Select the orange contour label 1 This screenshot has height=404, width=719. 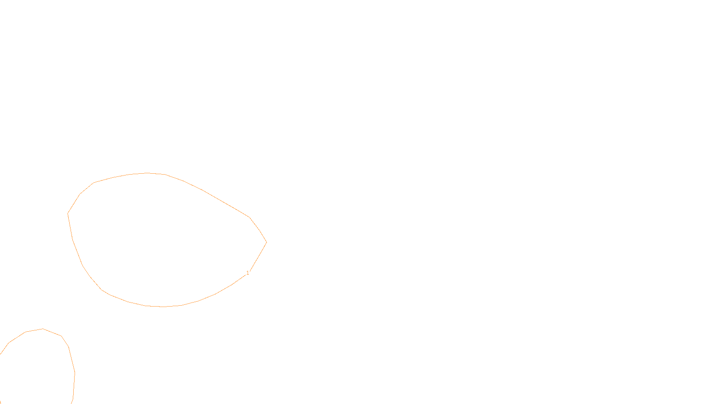click(x=248, y=273)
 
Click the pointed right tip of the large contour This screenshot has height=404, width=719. click(x=266, y=242)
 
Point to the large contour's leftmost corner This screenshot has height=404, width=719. click(x=68, y=213)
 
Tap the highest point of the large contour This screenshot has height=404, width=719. click(x=146, y=173)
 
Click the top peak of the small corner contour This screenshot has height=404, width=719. click(x=43, y=329)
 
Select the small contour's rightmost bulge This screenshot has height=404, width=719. click(x=75, y=373)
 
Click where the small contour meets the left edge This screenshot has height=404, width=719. click(x=0, y=354)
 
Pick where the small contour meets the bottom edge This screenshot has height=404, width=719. click(x=72, y=403)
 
